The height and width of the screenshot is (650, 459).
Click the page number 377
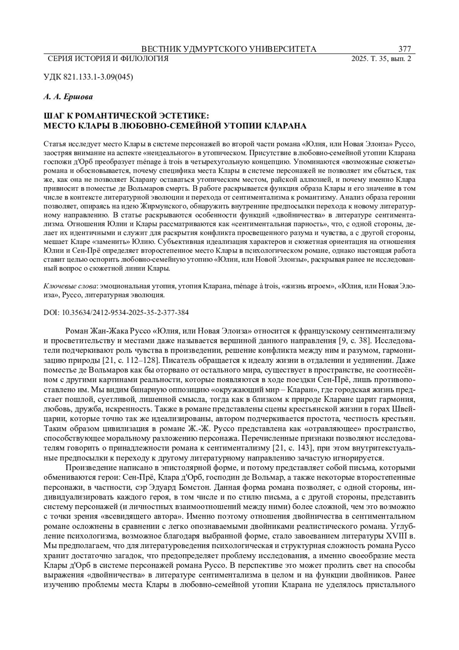click(x=404, y=49)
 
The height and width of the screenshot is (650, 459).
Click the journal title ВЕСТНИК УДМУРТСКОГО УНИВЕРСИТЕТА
click(x=229, y=49)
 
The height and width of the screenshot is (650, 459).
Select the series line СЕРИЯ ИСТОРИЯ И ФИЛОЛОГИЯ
click(x=108, y=59)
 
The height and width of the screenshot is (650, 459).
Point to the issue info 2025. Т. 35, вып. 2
click(x=381, y=59)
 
